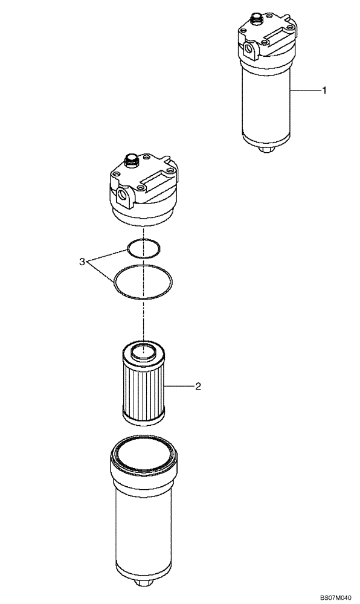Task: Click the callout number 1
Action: [x=324, y=91]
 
